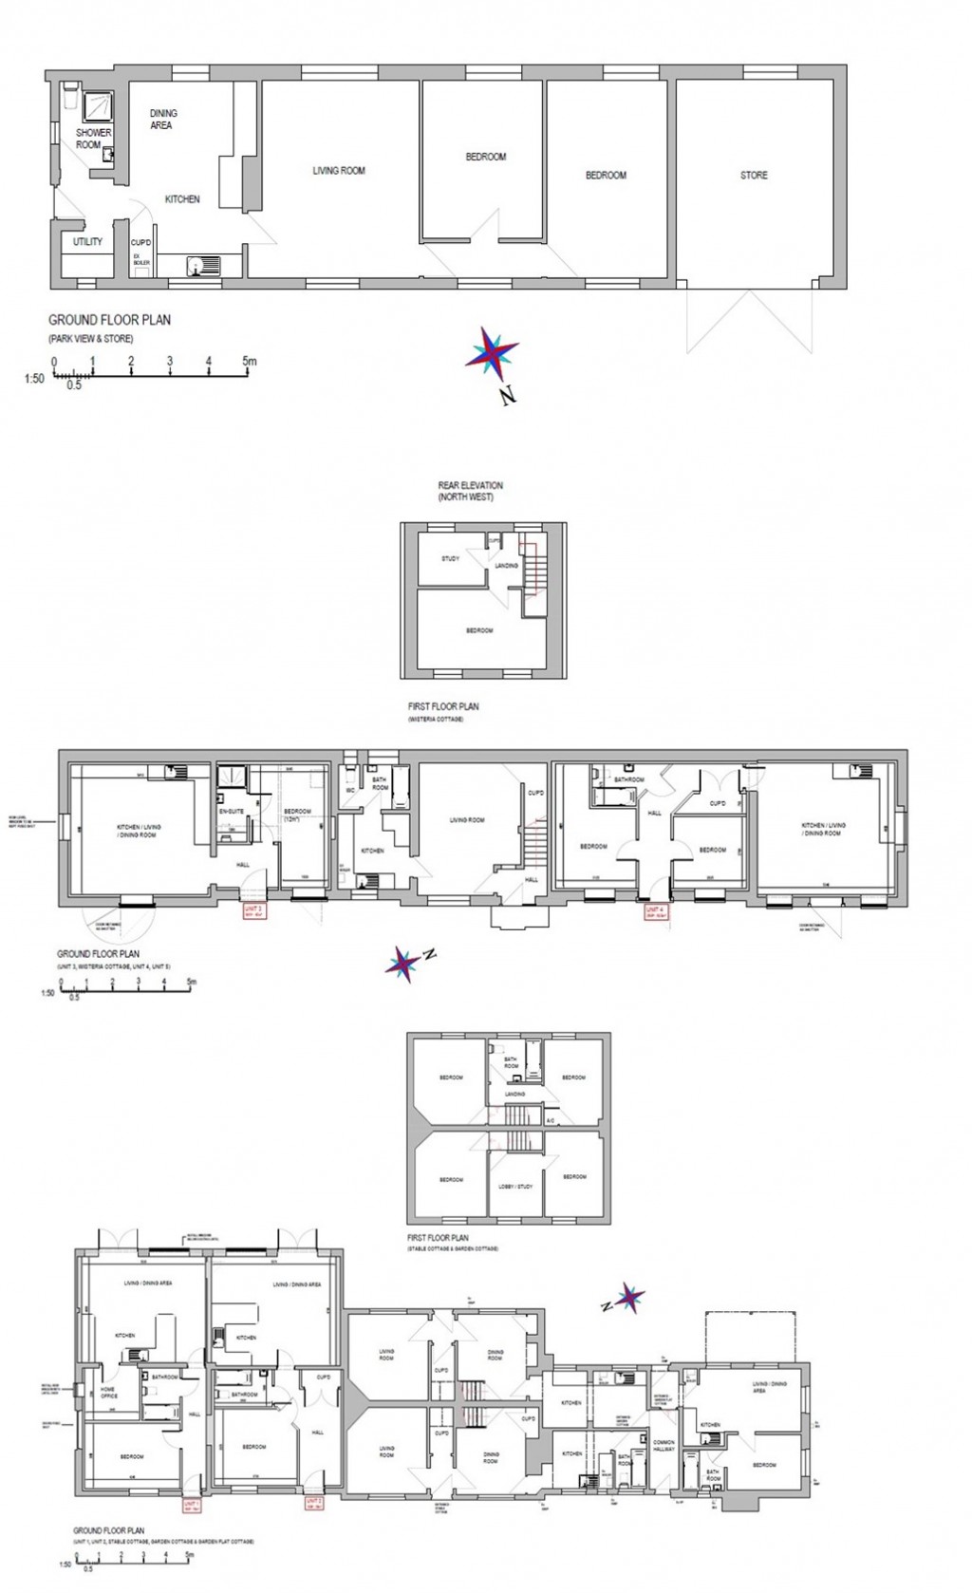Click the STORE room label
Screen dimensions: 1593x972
[x=754, y=176]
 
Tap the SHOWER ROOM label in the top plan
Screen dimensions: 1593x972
[x=93, y=139]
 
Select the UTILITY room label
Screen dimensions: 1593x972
[x=87, y=242]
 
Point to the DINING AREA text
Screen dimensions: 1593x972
[x=163, y=119]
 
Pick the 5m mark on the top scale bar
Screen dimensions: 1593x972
[x=249, y=362]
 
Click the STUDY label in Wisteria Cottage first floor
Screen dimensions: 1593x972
[x=450, y=559]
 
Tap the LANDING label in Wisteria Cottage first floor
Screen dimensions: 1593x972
[x=506, y=566]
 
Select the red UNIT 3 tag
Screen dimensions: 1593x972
[x=253, y=911]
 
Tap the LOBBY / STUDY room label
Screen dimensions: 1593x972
[x=515, y=1187]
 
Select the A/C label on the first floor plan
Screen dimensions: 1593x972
[x=550, y=1121]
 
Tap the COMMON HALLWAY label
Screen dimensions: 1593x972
[x=664, y=1447]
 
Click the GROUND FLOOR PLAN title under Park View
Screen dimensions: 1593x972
[x=110, y=321]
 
